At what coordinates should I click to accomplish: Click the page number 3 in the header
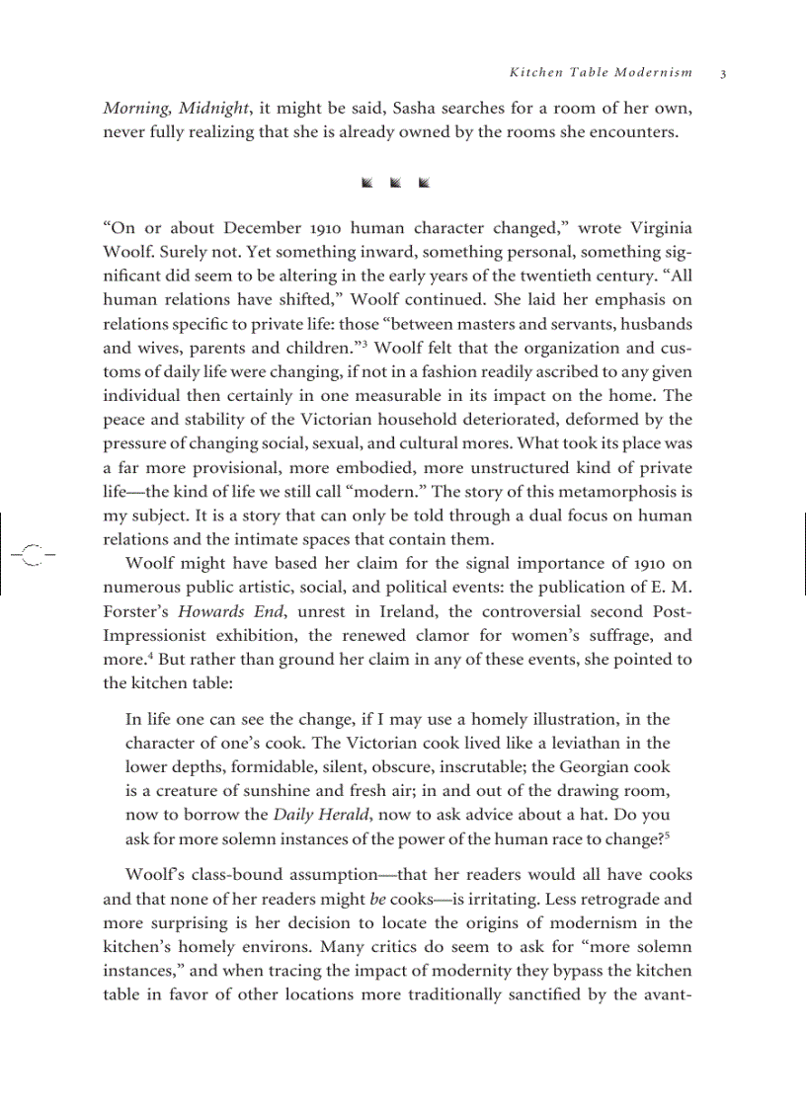pyautogui.click(x=723, y=73)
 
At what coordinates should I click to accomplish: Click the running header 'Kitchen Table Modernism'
pyautogui.click(x=601, y=73)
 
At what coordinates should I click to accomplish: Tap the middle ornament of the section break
pyautogui.click(x=395, y=183)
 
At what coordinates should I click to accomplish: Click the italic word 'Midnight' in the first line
pyautogui.click(x=213, y=108)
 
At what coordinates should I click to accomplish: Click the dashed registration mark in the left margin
pyautogui.click(x=32, y=555)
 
